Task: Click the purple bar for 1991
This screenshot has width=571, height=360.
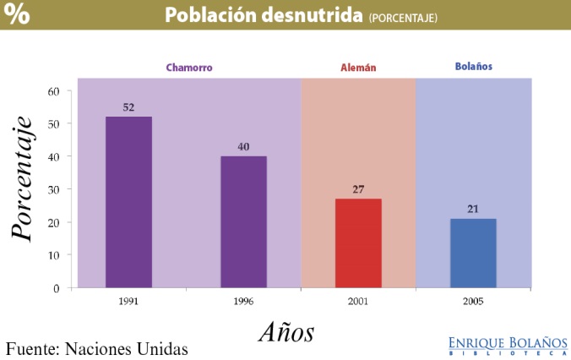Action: [x=128, y=202]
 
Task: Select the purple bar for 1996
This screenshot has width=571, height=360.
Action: [x=243, y=221]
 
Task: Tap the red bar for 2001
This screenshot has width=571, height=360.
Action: [x=358, y=243]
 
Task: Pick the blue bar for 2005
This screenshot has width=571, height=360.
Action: [x=473, y=253]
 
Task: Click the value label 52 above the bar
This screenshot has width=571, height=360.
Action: [x=128, y=107]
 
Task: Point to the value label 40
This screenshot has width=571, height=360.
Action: [x=243, y=147]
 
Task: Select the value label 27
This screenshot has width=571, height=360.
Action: [x=358, y=189]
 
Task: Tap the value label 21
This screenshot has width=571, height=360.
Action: [x=473, y=209]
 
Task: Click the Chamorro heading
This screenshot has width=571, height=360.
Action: [x=188, y=67]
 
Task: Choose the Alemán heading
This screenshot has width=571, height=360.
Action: [x=357, y=67]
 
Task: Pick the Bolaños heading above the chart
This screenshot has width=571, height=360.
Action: [x=473, y=66]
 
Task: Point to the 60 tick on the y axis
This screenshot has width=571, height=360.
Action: [x=53, y=91]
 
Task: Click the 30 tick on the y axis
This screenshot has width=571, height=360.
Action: [x=53, y=189]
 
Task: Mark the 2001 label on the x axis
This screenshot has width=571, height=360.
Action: [x=358, y=300]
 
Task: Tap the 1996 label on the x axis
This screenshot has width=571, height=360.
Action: [x=243, y=300]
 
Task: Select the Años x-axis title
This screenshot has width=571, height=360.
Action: [x=285, y=331]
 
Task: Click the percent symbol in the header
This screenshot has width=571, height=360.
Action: [x=16, y=14]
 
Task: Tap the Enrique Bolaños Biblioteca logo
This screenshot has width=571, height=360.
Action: [x=508, y=345]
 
